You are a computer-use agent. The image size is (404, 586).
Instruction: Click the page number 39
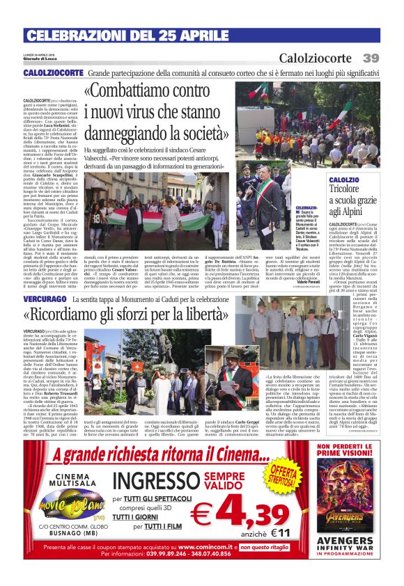(x=371, y=58)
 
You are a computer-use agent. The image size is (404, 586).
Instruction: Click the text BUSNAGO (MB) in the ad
(x=65, y=538)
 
